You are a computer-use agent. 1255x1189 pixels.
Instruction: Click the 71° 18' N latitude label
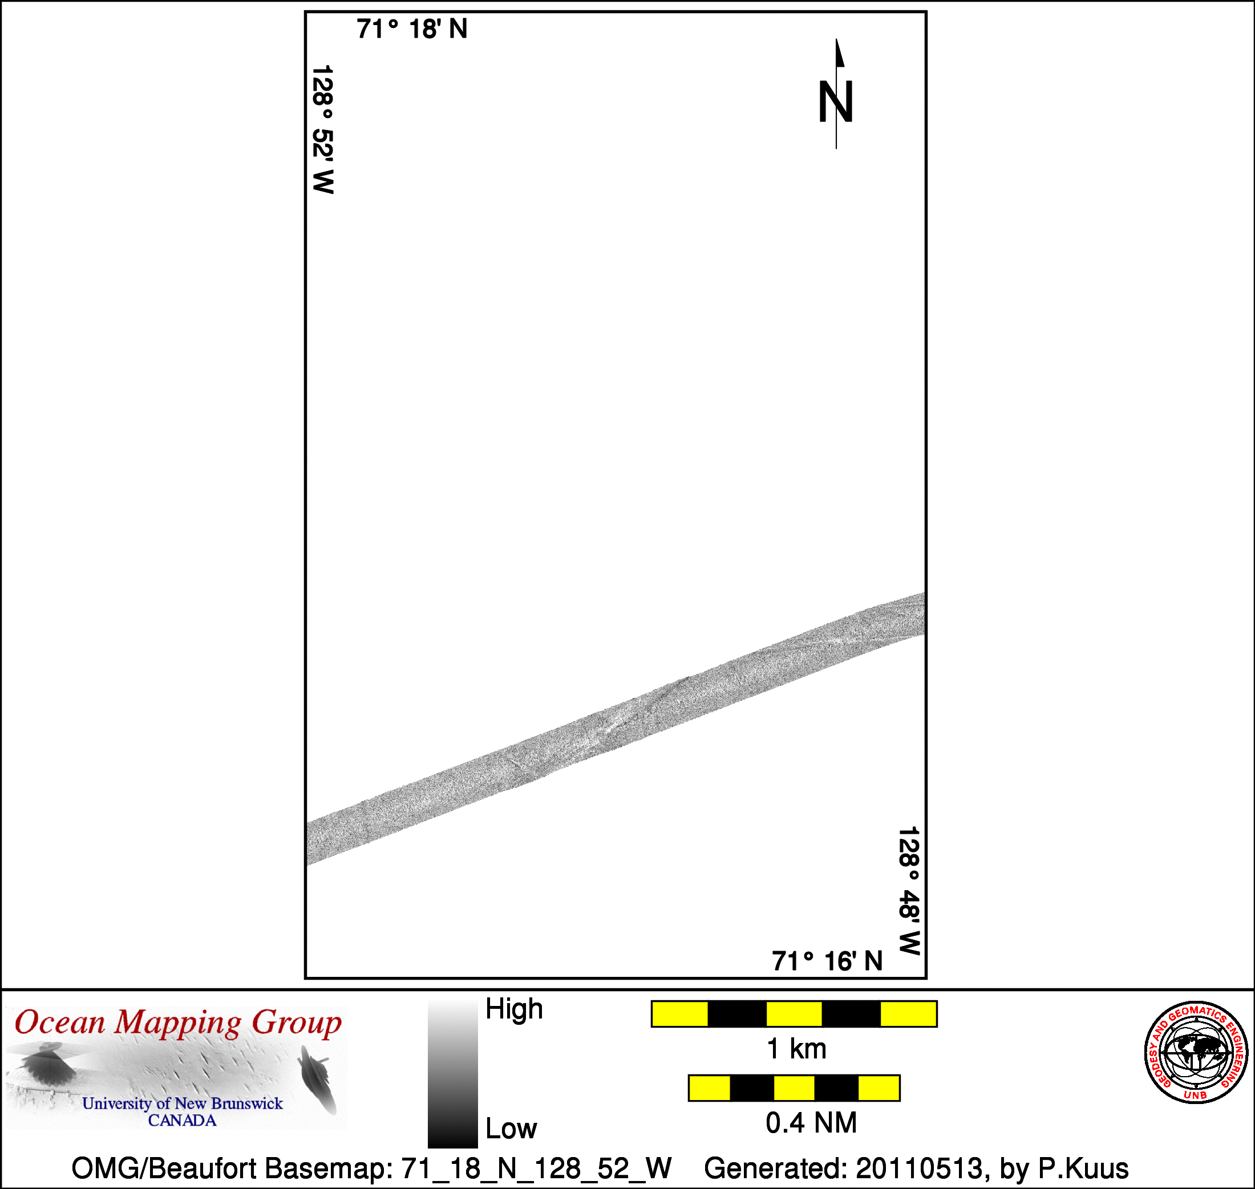[x=412, y=29]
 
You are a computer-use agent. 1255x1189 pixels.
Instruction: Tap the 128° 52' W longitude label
[x=323, y=129]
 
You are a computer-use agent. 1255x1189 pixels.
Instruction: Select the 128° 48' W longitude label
[x=909, y=891]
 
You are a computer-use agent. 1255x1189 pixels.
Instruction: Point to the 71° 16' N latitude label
[x=827, y=961]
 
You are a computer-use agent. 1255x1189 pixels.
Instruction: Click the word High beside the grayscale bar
[x=514, y=1009]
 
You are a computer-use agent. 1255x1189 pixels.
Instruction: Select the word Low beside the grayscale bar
[x=511, y=1129]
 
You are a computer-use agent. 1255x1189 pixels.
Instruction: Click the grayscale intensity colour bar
[x=452, y=1074]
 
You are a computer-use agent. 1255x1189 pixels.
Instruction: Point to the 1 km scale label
[x=796, y=1049]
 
